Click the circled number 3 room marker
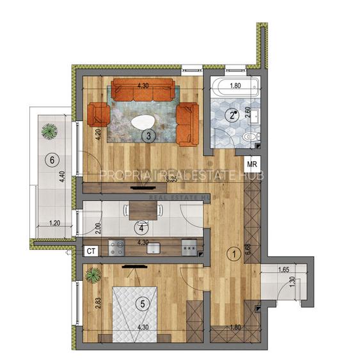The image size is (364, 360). [148, 136]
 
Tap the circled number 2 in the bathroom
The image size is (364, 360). [232, 115]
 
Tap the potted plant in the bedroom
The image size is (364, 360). [93, 276]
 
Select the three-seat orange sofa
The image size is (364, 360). [144, 90]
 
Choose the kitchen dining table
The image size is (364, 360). [139, 210]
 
